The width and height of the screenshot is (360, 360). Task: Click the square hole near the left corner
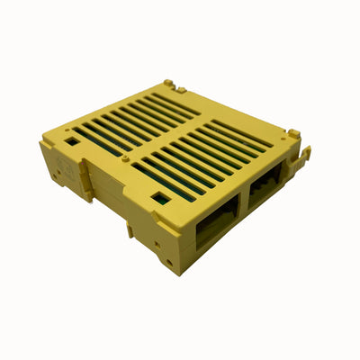(70, 140)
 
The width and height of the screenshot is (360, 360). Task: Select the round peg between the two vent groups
(126, 159)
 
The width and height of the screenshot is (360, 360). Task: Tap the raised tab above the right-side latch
(293, 134)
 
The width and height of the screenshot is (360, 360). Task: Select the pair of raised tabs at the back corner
(174, 86)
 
